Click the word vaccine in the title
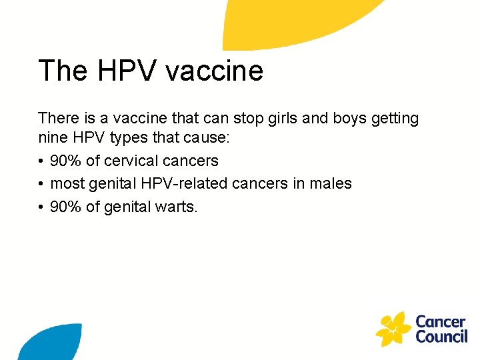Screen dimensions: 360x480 coord(220,71)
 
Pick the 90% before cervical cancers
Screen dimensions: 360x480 coord(66,161)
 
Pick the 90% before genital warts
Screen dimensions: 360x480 coord(66,207)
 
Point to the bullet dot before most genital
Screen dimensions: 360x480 coord(41,183)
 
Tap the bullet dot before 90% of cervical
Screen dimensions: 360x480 coord(41,161)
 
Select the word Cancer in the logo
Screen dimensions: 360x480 coord(439,321)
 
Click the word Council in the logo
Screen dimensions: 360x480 coord(441,337)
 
